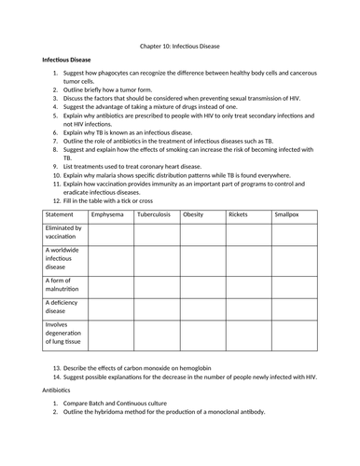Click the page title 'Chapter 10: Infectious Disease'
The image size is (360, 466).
click(x=180, y=45)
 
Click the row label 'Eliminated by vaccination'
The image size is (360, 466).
click(x=64, y=232)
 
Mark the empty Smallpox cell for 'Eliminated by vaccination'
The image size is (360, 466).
click(x=293, y=232)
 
